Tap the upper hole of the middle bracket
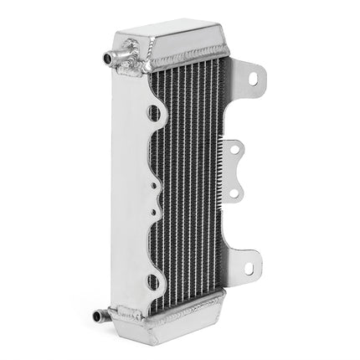235,151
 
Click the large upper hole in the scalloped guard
154,111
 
